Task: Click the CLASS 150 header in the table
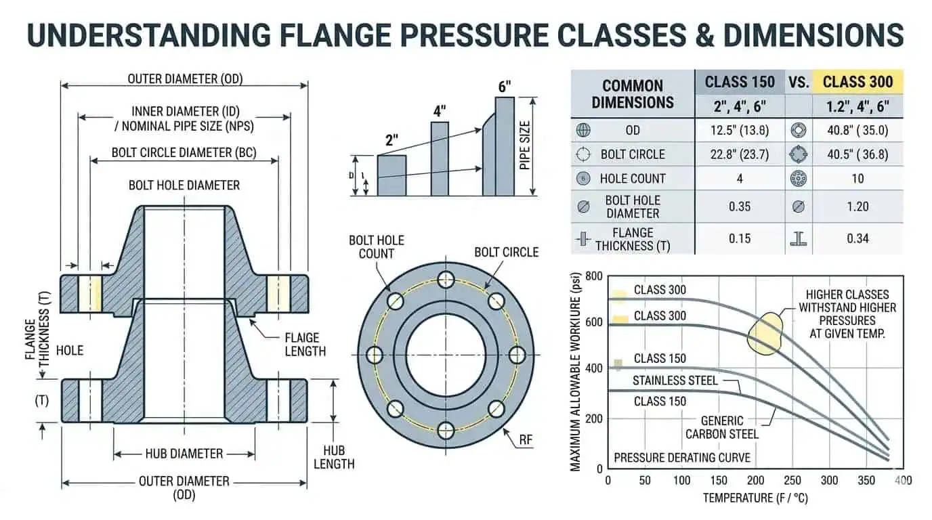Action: (740, 82)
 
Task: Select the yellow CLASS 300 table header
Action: (857, 82)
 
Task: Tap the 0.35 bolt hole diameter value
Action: (740, 207)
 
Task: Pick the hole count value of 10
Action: (857, 179)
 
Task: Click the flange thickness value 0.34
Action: (857, 238)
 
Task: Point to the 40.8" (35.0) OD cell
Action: (857, 131)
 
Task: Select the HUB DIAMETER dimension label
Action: (184, 454)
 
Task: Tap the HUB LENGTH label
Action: (334, 457)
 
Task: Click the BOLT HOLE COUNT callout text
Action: (377, 246)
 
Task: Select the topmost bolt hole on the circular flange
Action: (445, 278)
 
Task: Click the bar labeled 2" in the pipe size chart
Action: (391, 175)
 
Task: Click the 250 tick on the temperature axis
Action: (791, 481)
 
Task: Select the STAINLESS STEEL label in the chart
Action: (675, 381)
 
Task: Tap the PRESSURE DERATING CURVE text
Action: (681, 458)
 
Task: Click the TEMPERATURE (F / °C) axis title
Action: (755, 498)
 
